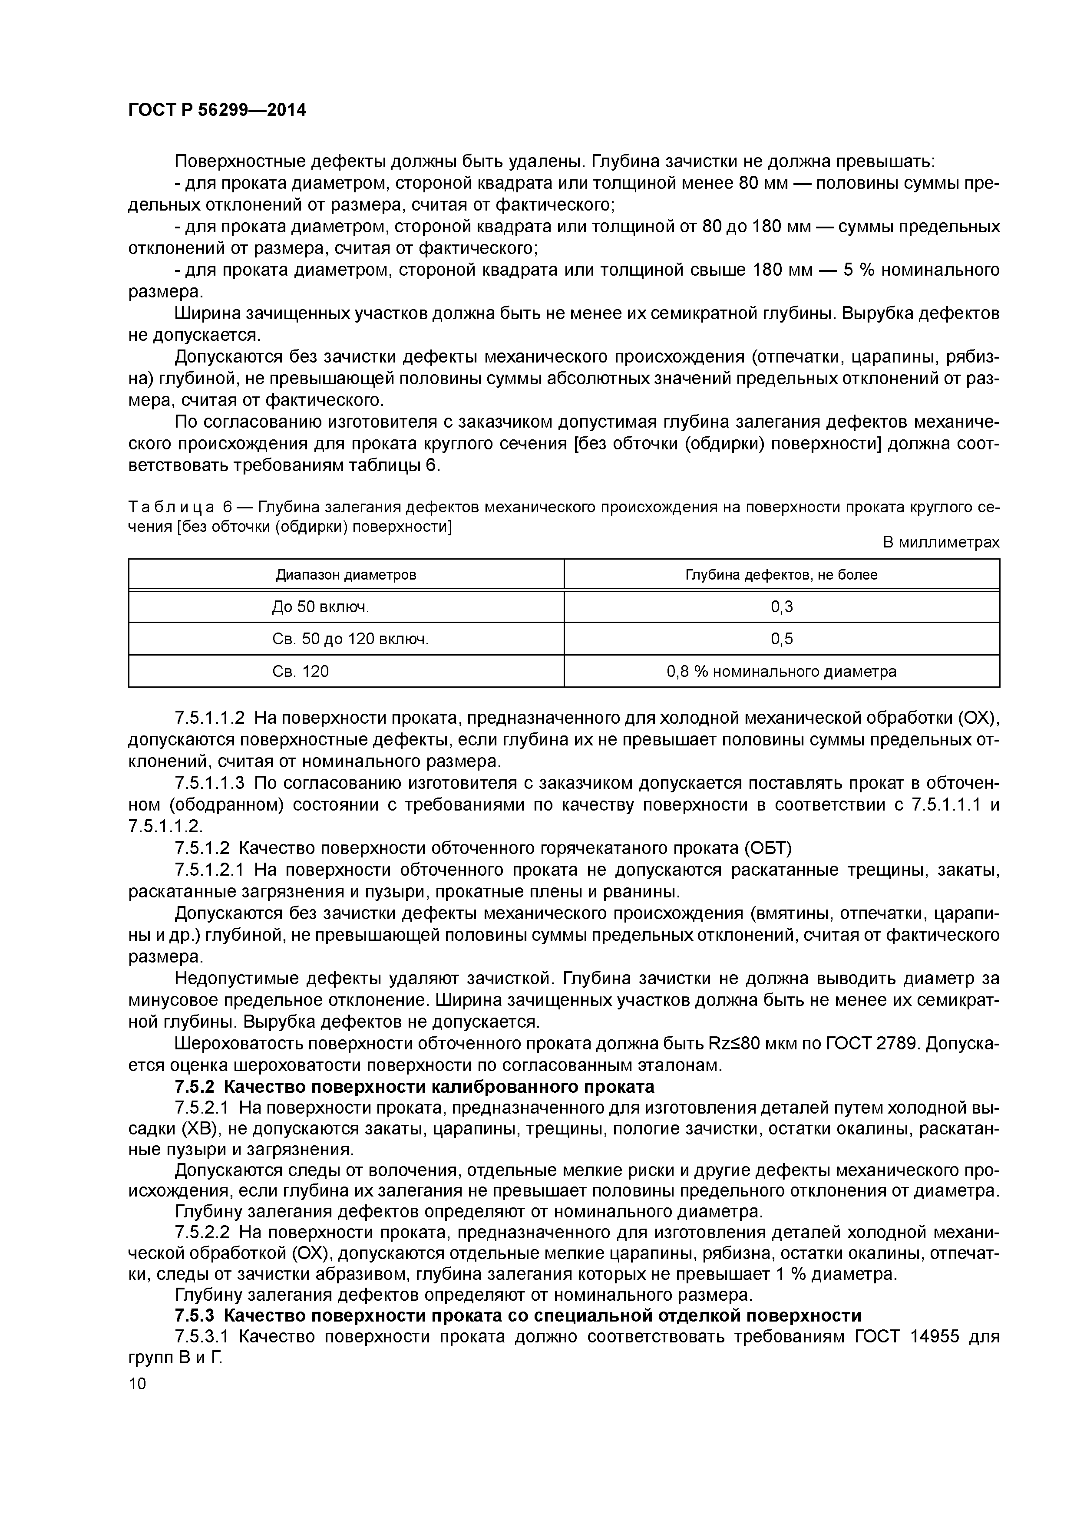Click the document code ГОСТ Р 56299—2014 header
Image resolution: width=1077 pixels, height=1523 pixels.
[217, 110]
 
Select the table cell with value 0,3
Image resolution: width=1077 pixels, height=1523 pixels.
[782, 606]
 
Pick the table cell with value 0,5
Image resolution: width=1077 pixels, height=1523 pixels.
[782, 639]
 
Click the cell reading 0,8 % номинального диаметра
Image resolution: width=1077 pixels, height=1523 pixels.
[782, 671]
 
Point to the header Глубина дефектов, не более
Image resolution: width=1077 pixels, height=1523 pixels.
[782, 574]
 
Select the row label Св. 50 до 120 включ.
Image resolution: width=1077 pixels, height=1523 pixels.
[350, 639]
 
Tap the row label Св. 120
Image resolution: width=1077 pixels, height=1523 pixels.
[301, 671]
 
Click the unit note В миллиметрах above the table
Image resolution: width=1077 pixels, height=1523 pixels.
[940, 542]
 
